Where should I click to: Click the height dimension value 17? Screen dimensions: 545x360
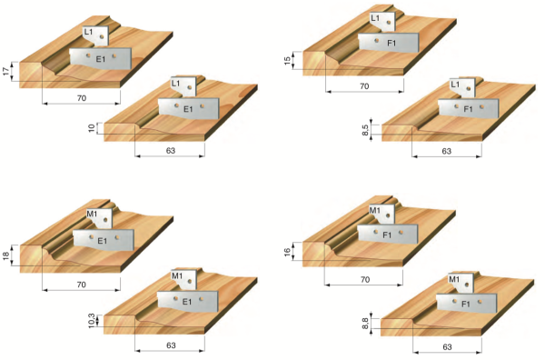click(x=6, y=72)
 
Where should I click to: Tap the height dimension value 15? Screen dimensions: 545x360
click(x=287, y=61)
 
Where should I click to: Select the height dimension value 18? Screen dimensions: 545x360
click(x=6, y=256)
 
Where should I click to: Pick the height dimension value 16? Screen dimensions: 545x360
click(x=287, y=252)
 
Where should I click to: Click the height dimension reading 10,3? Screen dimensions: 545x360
click(x=92, y=321)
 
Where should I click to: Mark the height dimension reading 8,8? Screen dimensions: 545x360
click(x=366, y=324)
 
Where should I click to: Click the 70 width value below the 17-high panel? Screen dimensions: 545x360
click(x=82, y=98)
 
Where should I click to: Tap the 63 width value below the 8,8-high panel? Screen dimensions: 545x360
click(x=447, y=346)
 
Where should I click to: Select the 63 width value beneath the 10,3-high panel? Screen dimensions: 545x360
click(x=171, y=345)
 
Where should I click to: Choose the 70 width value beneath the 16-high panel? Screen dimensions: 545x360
click(x=364, y=279)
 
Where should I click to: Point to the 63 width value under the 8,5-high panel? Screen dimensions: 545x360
click(x=447, y=151)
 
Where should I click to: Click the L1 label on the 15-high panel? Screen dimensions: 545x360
click(x=376, y=17)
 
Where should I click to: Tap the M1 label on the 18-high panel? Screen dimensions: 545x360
click(x=92, y=214)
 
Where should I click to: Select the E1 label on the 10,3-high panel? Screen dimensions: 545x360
click(x=187, y=302)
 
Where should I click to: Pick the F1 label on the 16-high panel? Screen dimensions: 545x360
click(x=387, y=235)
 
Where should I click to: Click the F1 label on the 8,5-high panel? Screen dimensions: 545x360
click(x=468, y=109)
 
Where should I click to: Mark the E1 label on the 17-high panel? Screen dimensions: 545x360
click(x=101, y=59)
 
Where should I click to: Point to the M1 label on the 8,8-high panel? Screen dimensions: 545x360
click(x=454, y=279)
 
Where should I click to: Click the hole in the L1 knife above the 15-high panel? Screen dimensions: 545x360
click(x=389, y=23)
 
